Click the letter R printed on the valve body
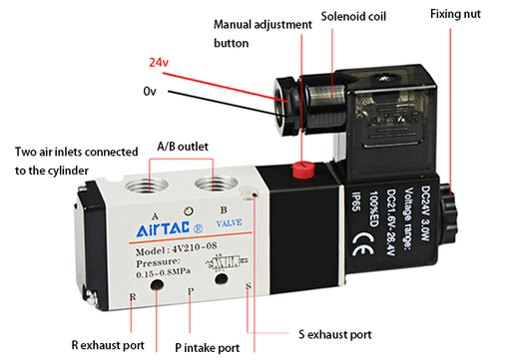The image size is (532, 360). click(132, 296)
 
